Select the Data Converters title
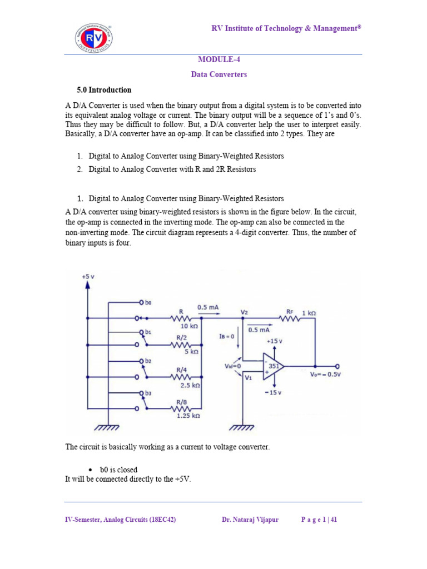pyautogui.click(x=219, y=74)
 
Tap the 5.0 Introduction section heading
pyautogui.click(x=104, y=90)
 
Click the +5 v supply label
pyautogui.click(x=88, y=276)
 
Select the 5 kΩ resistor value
pyautogui.click(x=191, y=351)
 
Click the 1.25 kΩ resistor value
pyautogui.click(x=187, y=415)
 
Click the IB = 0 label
pyautogui.click(x=229, y=336)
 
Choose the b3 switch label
pyautogui.click(x=148, y=393)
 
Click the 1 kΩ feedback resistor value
pyautogui.click(x=309, y=313)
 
